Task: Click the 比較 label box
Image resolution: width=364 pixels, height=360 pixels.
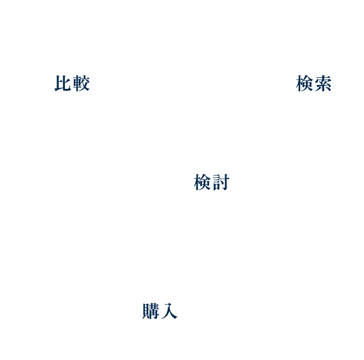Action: click(x=72, y=82)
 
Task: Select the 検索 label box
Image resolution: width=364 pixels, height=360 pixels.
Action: click(x=314, y=82)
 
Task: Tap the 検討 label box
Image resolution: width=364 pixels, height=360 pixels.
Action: click(x=211, y=181)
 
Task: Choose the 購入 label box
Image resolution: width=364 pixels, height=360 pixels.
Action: click(x=160, y=310)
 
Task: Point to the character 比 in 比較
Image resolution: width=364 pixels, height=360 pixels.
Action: click(x=63, y=83)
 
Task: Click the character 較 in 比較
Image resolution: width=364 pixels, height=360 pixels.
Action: click(x=81, y=83)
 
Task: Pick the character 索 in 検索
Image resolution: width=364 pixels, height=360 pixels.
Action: click(x=323, y=83)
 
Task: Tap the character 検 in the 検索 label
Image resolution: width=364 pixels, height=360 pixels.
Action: click(x=305, y=83)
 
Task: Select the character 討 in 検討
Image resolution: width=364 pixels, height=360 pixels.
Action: click(x=220, y=182)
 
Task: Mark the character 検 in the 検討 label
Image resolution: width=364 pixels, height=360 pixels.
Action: click(x=203, y=182)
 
